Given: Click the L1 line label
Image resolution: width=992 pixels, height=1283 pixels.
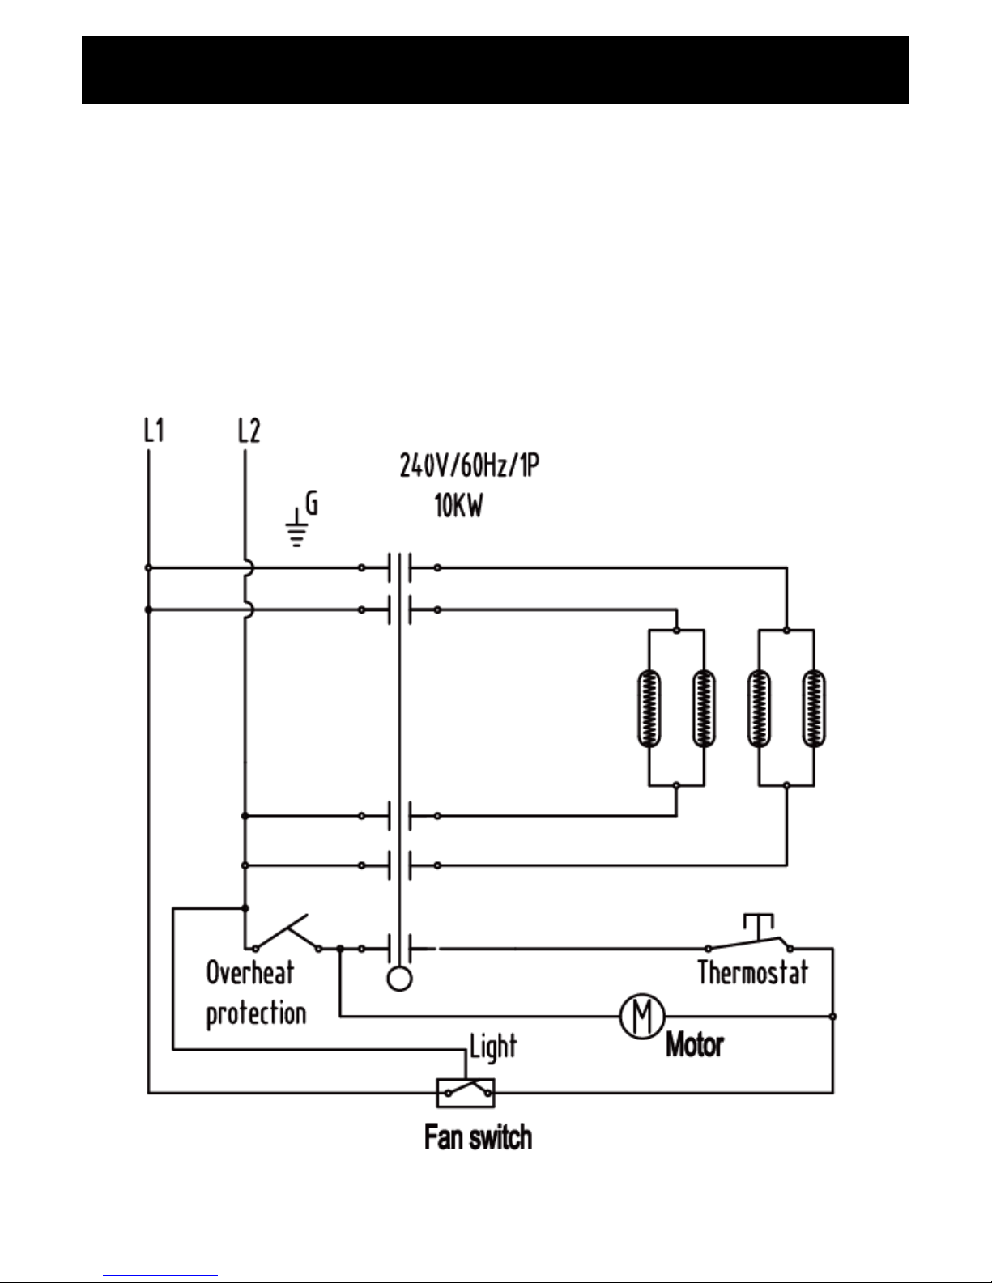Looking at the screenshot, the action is pos(154,431).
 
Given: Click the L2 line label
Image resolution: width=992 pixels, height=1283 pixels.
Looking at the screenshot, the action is pos(249,431).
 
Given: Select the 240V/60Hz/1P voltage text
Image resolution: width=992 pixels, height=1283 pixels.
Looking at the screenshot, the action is pos(470,465).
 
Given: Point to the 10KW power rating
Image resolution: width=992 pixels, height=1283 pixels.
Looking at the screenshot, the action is pos(459,506).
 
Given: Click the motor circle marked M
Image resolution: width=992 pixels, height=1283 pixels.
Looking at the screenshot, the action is pos(642,1016).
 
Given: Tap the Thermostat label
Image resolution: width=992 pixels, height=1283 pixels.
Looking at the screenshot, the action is pos(753,972).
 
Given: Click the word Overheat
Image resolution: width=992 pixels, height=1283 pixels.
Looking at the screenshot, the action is pos(249,972).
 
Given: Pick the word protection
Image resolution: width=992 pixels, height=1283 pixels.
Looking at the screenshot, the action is pos(256,1013).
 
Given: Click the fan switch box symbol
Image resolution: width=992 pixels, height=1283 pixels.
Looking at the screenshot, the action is pos(466,1093).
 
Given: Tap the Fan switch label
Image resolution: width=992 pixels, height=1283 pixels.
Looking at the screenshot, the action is pos(479,1136).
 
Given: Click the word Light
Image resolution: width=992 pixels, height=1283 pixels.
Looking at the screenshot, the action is pos(493,1047).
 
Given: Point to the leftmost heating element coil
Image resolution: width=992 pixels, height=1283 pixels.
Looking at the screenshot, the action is pos(649,708).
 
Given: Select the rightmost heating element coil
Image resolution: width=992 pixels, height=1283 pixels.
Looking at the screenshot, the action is pos(814,708).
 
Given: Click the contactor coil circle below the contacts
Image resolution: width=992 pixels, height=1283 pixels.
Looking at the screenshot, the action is pos(399,979).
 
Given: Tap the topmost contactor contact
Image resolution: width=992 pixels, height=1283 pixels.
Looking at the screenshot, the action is pos(400,568).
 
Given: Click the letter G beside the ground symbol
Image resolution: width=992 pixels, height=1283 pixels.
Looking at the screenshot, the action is pos(312,503).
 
